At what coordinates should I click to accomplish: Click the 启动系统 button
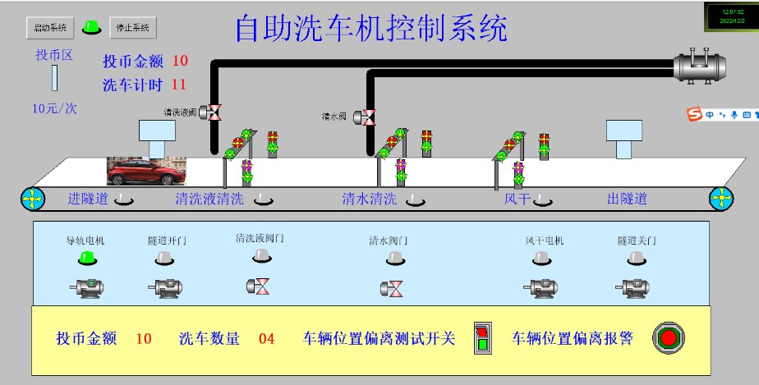(50, 28)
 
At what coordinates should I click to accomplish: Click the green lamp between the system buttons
(92, 28)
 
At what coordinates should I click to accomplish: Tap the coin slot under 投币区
(55, 79)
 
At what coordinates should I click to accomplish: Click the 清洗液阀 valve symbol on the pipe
(213, 112)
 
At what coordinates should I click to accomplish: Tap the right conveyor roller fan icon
(720, 199)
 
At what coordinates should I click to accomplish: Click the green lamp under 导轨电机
(85, 259)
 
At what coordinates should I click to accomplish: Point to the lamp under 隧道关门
(636, 259)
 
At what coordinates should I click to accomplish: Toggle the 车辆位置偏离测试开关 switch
(482, 338)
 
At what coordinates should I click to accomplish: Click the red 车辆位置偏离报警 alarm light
(669, 337)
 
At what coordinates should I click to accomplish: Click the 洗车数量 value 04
(267, 338)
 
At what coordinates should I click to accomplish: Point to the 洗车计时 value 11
(179, 84)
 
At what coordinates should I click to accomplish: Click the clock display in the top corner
(730, 16)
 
